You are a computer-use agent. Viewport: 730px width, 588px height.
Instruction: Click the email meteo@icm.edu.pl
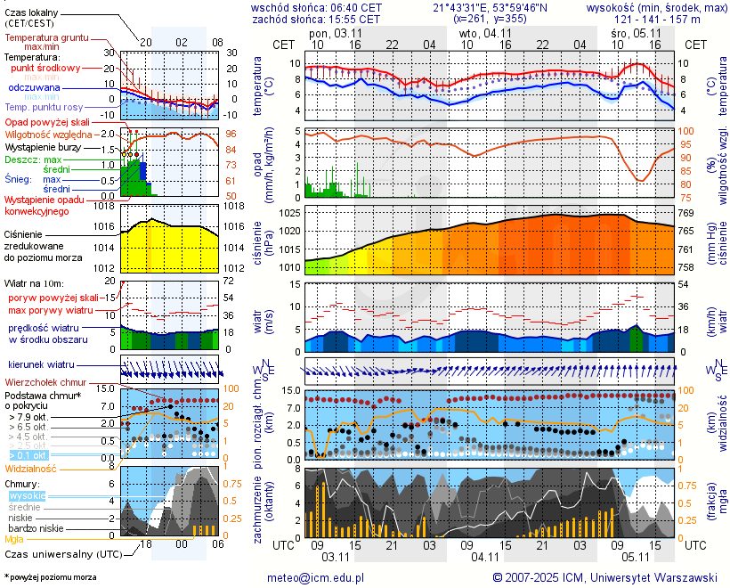[x=316, y=577]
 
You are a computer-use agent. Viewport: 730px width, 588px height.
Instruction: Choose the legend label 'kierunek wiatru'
[x=41, y=365]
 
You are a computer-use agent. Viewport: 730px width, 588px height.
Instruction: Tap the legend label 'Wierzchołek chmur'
[x=45, y=382]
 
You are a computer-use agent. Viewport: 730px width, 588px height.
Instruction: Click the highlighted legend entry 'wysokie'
[x=27, y=495]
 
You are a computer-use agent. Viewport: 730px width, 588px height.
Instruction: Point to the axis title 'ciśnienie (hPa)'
[x=263, y=239]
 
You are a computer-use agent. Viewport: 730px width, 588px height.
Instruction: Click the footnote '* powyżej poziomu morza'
[x=50, y=577]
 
